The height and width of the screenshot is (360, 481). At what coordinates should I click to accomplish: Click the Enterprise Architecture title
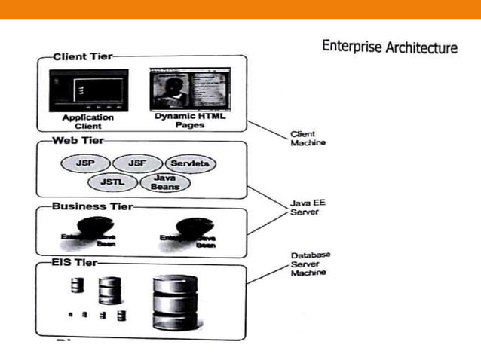(389, 47)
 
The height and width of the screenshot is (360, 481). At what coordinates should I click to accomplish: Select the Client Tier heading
(83, 56)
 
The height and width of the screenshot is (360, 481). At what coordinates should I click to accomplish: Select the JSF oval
(136, 163)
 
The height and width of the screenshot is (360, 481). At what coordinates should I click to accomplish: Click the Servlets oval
(189, 163)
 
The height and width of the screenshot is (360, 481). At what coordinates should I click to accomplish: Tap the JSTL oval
(109, 182)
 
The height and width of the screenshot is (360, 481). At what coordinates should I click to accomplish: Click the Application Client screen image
(88, 91)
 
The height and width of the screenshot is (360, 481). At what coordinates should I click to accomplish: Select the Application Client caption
(88, 122)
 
